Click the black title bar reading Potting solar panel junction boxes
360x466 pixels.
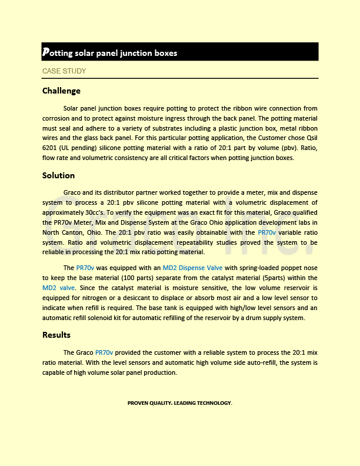coord(179,52)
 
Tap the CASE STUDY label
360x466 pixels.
coord(64,71)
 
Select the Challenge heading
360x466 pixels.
coord(61,91)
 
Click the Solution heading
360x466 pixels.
coord(58,175)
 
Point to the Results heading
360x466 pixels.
coord(56,335)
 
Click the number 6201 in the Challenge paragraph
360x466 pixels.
coord(52,148)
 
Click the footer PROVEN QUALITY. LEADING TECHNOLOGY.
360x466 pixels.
coord(179,403)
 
